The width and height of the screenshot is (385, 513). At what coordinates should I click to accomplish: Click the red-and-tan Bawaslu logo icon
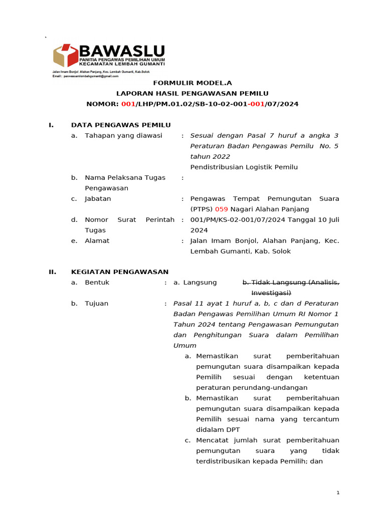coord(66,56)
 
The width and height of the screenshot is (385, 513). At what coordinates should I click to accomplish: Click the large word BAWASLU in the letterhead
coord(122,51)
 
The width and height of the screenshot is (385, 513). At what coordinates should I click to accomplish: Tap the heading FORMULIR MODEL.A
coord(192,83)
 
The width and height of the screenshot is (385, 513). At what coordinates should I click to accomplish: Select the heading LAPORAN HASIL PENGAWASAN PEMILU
coord(192,94)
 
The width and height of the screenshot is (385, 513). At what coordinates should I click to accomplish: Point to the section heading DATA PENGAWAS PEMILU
coord(121,125)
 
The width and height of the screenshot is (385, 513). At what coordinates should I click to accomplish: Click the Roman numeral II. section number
coord(52,272)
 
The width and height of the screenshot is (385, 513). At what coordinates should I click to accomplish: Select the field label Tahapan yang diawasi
coord(123,136)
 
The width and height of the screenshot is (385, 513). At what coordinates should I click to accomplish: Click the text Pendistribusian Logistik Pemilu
coord(244,167)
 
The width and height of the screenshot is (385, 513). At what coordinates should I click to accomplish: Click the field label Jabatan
coord(98,199)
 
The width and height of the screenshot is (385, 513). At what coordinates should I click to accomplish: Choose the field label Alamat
coord(97,241)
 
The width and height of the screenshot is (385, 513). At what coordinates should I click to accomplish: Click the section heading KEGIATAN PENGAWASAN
coord(120,272)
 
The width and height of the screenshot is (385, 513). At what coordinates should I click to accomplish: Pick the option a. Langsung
coord(195,283)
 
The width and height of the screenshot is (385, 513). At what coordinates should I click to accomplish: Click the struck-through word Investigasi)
coord(271,293)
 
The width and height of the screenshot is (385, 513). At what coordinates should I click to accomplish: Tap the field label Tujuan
coord(96,304)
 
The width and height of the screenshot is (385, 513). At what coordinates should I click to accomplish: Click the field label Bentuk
coord(97,283)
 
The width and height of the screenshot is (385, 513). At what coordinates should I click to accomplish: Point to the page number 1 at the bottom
coord(338,493)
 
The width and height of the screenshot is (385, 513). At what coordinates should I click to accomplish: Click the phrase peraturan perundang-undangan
coord(252,388)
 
